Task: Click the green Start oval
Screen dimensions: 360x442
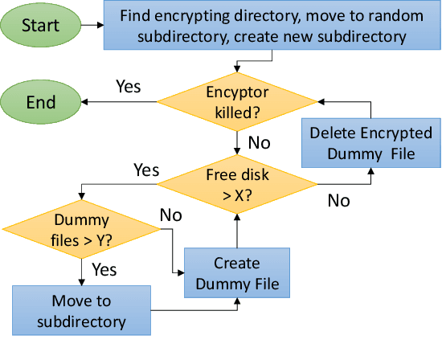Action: pyautogui.click(x=40, y=25)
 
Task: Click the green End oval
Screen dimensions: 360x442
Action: pyautogui.click(x=40, y=102)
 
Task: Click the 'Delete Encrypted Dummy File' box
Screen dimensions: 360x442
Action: pyautogui.click(x=370, y=143)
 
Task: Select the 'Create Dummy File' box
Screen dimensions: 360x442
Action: pyautogui.click(x=236, y=272)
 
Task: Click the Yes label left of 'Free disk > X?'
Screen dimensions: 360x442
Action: pyautogui.click(x=145, y=170)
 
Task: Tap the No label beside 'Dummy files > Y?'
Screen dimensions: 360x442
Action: pyautogui.click(x=171, y=215)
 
